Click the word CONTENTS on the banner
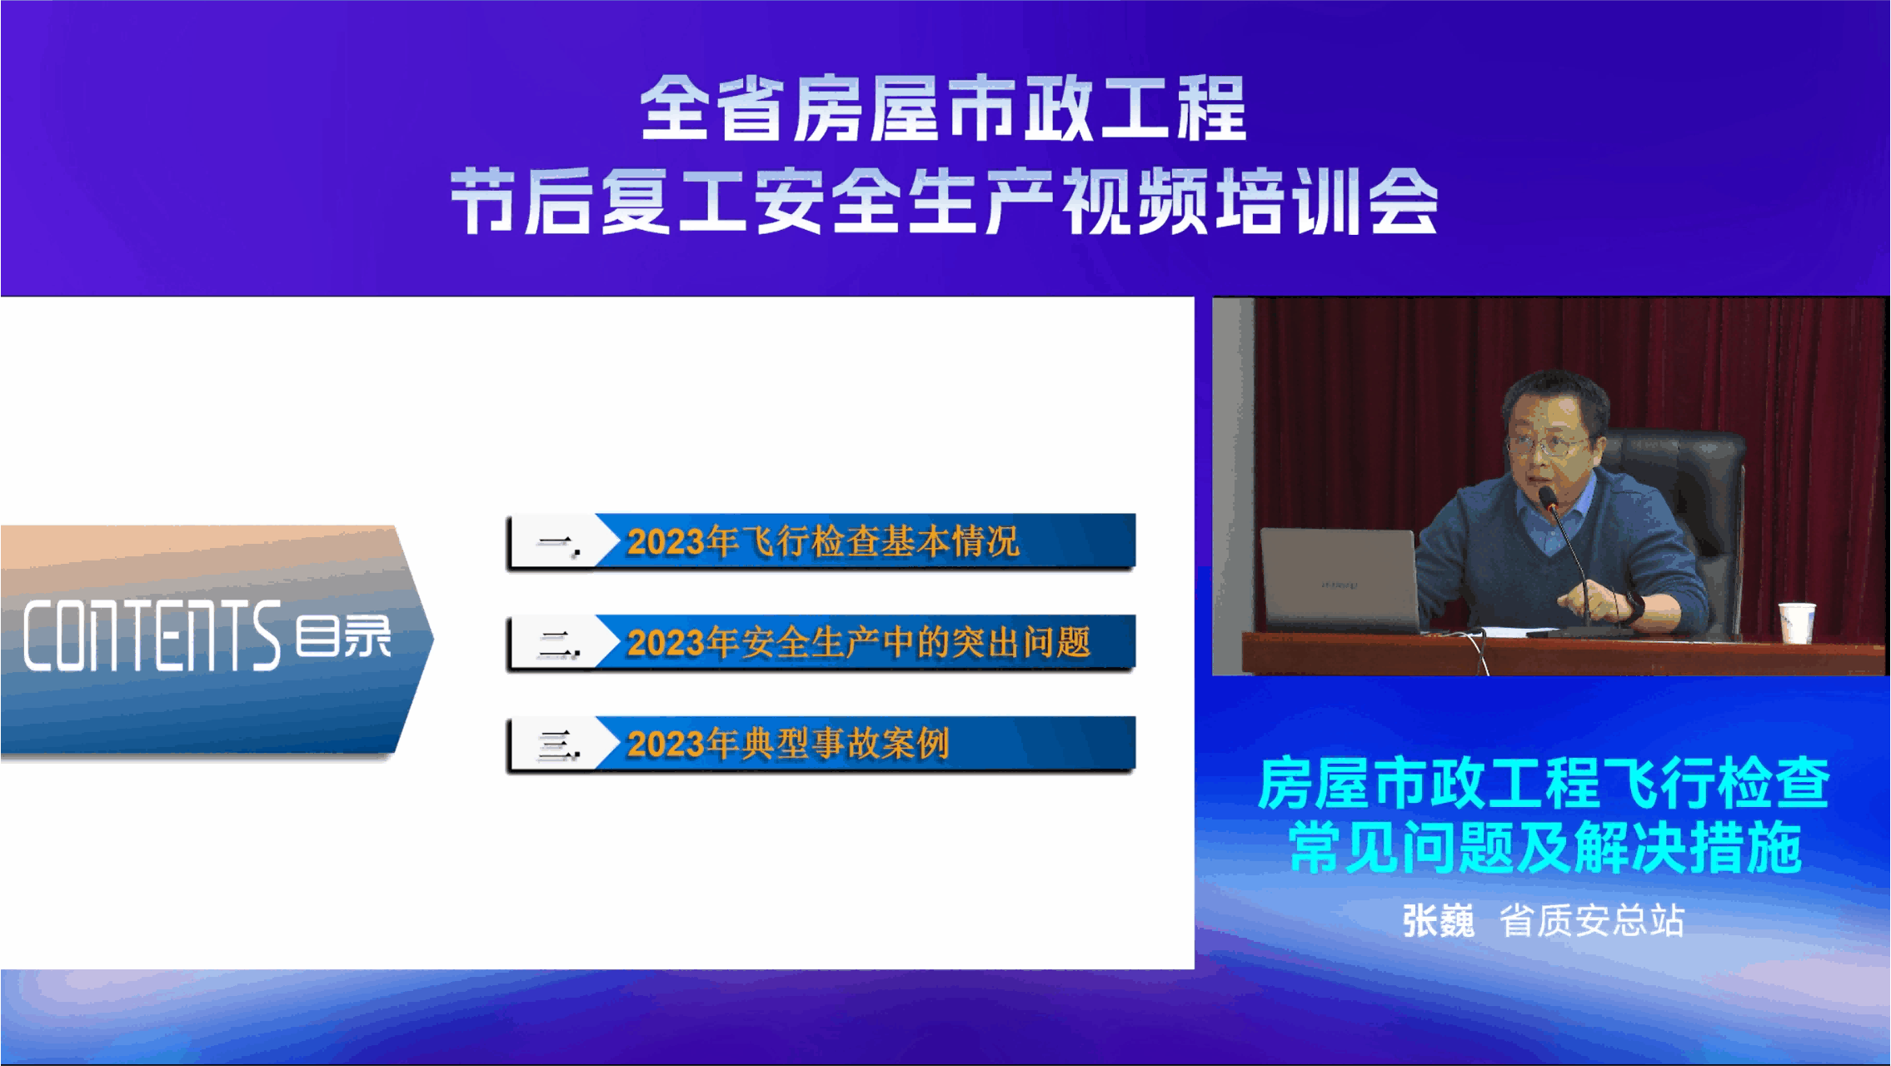pos(152,635)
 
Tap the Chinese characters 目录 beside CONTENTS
pos(343,636)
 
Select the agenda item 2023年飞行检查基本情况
pos(823,542)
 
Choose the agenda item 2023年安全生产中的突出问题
pos(859,643)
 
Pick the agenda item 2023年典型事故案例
pos(788,744)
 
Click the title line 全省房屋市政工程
pos(943,108)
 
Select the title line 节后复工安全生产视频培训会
pos(944,201)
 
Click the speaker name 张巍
pos(1438,921)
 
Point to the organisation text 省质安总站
pos(1592,921)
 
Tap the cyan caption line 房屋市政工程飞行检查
pos(1543,784)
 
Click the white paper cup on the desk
pos(1796,622)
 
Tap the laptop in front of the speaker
pos(1340,580)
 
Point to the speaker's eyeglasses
pos(1546,445)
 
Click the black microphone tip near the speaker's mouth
pos(1548,497)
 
